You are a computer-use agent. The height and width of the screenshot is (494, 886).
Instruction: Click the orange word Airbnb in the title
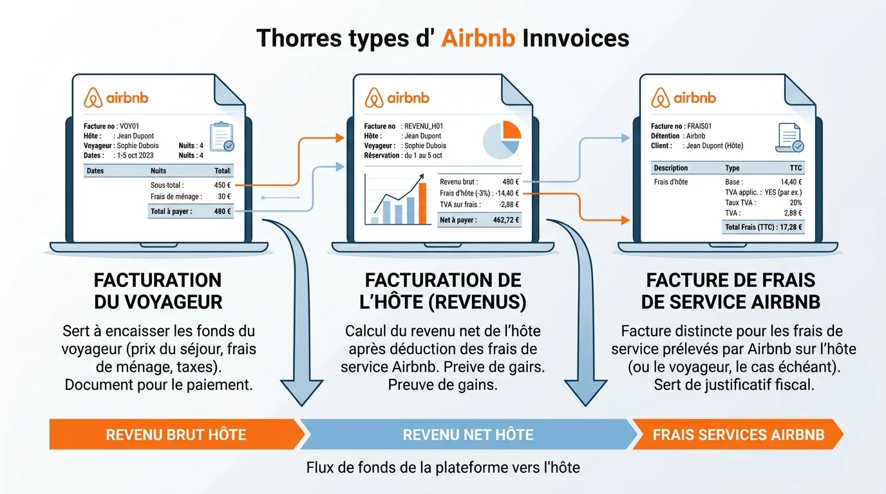(478, 38)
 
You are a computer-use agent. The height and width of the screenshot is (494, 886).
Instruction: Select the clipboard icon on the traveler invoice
(221, 136)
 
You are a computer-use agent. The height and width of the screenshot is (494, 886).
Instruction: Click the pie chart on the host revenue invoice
(502, 139)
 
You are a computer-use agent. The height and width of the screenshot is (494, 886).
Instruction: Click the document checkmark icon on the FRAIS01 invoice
(789, 138)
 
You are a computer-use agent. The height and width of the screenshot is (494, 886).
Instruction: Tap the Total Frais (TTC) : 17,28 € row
(764, 226)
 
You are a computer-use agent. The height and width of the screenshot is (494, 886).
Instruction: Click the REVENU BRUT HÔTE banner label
(176, 434)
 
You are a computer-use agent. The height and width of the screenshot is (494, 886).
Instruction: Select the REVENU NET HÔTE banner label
(468, 434)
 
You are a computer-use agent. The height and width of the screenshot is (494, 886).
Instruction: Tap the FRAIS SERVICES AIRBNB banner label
(738, 434)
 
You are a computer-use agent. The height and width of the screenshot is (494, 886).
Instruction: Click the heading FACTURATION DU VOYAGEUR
(158, 291)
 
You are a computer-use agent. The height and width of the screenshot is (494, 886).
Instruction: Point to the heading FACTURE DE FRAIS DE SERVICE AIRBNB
(731, 291)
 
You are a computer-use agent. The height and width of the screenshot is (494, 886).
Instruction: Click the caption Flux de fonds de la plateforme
(443, 468)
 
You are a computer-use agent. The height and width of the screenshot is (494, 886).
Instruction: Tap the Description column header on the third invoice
(670, 168)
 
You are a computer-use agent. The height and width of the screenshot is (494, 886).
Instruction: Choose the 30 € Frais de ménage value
(224, 197)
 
